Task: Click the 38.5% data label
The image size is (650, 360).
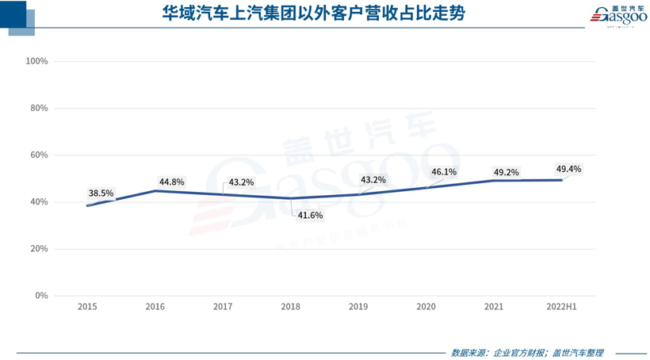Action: [101, 193]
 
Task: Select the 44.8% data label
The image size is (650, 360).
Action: [171, 182]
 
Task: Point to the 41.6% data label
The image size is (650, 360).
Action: [310, 214]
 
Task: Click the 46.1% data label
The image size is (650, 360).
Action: [444, 171]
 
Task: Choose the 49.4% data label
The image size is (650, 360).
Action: [568, 169]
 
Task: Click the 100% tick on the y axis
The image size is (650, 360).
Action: [37, 61]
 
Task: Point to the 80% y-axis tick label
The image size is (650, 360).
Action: [40, 108]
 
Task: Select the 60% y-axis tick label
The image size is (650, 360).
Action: [40, 155]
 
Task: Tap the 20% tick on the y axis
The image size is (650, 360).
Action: [40, 248]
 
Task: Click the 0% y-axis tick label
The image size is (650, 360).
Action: [41, 296]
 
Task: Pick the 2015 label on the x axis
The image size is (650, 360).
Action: [87, 306]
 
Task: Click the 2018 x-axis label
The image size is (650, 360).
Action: [291, 306]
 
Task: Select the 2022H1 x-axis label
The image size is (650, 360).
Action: [561, 306]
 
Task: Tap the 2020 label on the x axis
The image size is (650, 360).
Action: [426, 306]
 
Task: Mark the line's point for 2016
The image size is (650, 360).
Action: [155, 190]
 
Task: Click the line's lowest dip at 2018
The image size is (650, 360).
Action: [291, 198]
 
